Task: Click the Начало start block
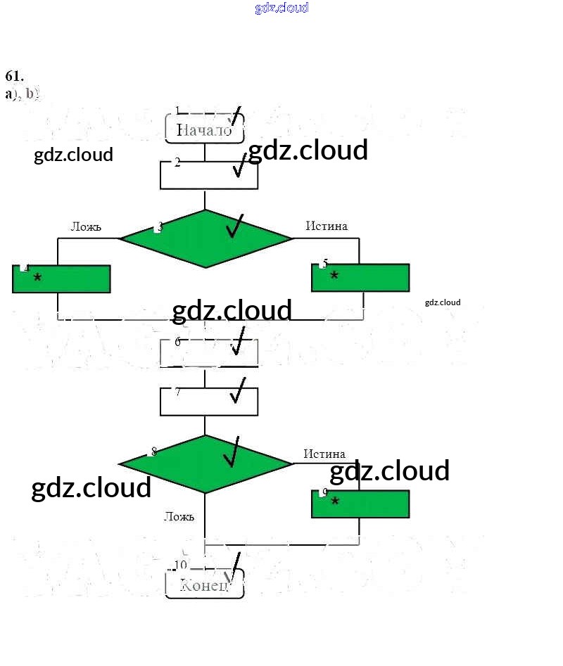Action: (204, 129)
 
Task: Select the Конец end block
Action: (204, 585)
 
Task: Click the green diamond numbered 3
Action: (205, 239)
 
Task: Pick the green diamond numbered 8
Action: (205, 464)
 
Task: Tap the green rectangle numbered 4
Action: (61, 279)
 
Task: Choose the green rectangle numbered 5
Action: (360, 278)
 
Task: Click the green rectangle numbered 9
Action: (360, 504)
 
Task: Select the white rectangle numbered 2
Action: (209, 174)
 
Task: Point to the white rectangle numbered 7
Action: (209, 402)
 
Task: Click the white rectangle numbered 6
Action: (209, 352)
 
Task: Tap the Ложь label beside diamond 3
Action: (86, 226)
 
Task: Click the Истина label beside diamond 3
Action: (327, 226)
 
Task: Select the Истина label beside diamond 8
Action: (324, 454)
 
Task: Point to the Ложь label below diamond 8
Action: (179, 516)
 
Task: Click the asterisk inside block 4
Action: (37, 278)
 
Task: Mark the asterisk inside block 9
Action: (335, 501)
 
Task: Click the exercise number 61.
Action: (15, 77)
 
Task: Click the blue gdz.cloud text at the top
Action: (281, 8)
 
